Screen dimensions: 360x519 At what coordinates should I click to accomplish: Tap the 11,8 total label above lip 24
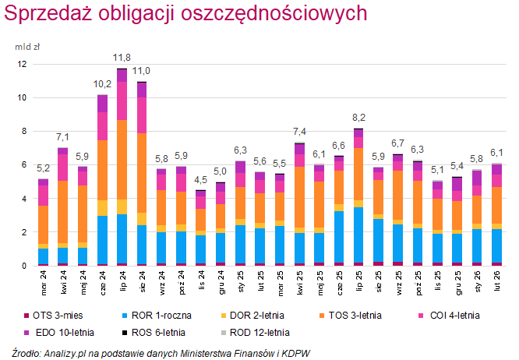pyautogui.click(x=122, y=58)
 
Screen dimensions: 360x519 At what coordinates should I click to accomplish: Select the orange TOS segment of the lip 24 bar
pyautogui.click(x=122, y=159)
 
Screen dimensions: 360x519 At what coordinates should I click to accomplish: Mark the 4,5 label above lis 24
pyautogui.click(x=200, y=180)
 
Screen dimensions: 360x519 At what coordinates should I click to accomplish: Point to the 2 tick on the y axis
pyautogui.click(x=24, y=232)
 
